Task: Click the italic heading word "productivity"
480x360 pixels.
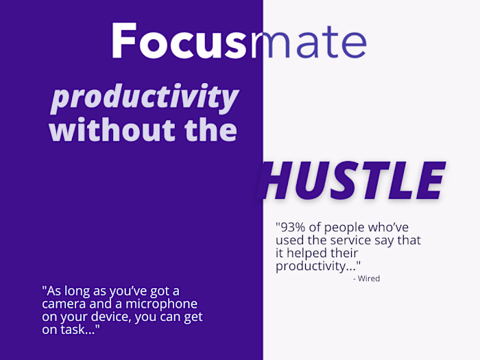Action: pyautogui.click(x=145, y=99)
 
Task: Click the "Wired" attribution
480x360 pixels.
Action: pyautogui.click(x=369, y=278)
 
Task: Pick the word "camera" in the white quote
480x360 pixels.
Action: pyautogui.click(x=63, y=304)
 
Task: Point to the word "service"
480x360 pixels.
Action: pyautogui.click(x=341, y=240)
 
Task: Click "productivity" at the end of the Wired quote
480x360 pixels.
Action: pyautogui.click(x=315, y=266)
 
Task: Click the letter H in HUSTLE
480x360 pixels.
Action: pyautogui.click(x=279, y=182)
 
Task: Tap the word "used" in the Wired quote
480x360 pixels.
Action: pyautogui.click(x=289, y=240)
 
